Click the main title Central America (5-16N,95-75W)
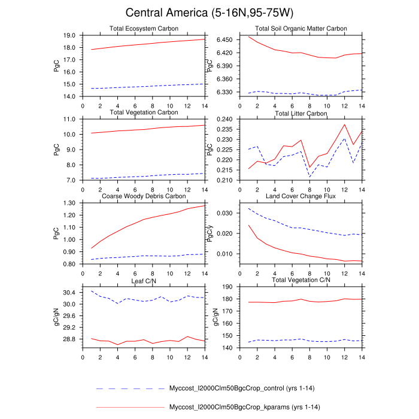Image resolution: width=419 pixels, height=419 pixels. pyautogui.click(x=209, y=13)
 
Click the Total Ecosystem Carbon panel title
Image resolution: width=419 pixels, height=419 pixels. pyautogui.click(x=144, y=29)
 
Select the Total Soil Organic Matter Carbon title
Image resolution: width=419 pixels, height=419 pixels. pyautogui.click(x=301, y=29)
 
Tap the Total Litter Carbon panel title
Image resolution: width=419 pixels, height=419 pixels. pyautogui.click(x=301, y=113)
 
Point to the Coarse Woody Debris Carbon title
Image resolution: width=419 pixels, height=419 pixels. pyautogui.click(x=144, y=196)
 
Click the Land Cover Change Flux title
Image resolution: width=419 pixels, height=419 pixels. pyautogui.click(x=301, y=196)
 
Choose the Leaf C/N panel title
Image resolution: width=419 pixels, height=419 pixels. pyautogui.click(x=144, y=280)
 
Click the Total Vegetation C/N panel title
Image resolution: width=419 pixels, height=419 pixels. pyautogui.click(x=301, y=280)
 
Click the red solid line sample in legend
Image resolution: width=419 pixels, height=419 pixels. pyautogui.click(x=130, y=408)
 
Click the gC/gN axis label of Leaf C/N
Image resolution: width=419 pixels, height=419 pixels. pyautogui.click(x=56, y=316)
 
